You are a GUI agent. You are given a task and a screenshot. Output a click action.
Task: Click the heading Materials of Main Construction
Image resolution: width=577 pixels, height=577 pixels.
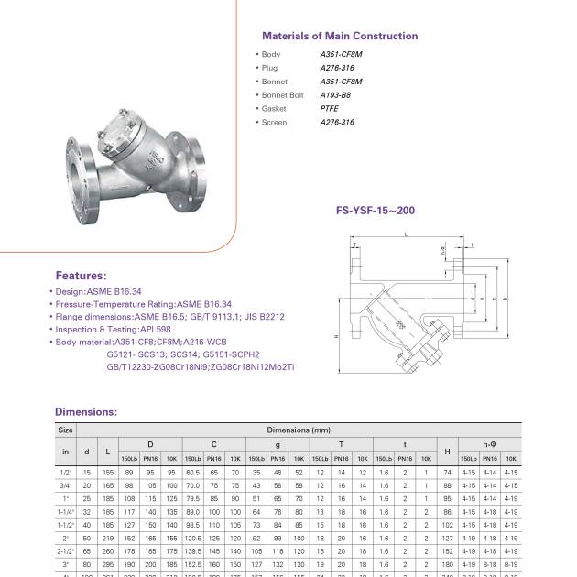pyautogui.click(x=340, y=37)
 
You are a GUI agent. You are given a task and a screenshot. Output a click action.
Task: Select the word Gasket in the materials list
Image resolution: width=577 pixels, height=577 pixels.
pyautogui.click(x=273, y=108)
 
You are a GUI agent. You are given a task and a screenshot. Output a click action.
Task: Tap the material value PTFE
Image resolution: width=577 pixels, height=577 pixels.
pyautogui.click(x=329, y=108)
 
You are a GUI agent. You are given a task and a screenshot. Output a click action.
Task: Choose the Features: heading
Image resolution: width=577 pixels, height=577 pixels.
pyautogui.click(x=81, y=275)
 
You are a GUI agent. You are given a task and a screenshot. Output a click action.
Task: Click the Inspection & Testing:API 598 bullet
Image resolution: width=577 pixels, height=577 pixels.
pyautogui.click(x=113, y=329)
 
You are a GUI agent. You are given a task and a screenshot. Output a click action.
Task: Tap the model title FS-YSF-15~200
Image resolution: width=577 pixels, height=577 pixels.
pyautogui.click(x=376, y=211)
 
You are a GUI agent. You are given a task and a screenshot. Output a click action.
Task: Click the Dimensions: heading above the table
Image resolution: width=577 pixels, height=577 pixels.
pyautogui.click(x=86, y=412)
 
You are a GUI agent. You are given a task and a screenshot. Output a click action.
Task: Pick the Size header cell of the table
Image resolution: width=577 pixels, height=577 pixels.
pyautogui.click(x=65, y=429)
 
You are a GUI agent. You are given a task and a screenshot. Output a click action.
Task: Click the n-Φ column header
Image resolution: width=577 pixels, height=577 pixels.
pyautogui.click(x=489, y=443)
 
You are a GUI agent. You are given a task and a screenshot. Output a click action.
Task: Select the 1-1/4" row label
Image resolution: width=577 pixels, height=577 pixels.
pyautogui.click(x=65, y=511)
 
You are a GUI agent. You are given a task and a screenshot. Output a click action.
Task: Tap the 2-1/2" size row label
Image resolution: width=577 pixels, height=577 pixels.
pyautogui.click(x=65, y=551)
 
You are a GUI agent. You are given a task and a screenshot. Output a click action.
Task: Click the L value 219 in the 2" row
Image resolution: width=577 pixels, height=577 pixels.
pyautogui.click(x=107, y=538)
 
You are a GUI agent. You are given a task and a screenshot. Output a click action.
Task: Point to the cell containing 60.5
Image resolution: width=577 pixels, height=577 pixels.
pyautogui.click(x=192, y=471)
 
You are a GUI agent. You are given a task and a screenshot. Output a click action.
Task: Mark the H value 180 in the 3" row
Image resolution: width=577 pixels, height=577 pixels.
pyautogui.click(x=447, y=564)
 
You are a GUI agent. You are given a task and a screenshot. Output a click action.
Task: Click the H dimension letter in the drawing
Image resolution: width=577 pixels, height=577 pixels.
pyautogui.click(x=338, y=336)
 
